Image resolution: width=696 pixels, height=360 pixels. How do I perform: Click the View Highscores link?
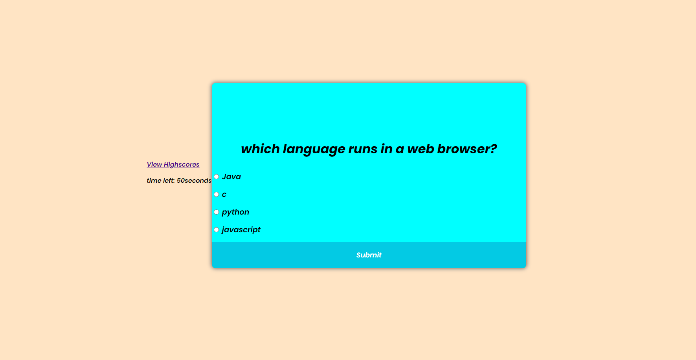(173, 164)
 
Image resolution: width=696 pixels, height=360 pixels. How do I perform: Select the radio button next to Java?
(216, 177)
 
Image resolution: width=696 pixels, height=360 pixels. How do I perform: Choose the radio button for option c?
(216, 195)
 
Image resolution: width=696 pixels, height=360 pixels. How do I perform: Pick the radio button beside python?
(216, 212)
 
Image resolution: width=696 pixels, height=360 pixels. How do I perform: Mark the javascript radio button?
(216, 230)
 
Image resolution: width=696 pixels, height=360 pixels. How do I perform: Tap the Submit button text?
(369, 255)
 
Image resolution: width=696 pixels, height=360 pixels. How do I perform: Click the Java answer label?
(231, 177)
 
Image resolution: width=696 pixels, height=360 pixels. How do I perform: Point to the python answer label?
(235, 212)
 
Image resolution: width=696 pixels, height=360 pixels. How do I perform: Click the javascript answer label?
(241, 230)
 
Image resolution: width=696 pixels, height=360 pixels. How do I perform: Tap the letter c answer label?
(224, 195)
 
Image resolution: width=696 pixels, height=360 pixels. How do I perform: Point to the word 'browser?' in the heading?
(467, 149)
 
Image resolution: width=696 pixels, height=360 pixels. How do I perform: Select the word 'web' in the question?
(421, 149)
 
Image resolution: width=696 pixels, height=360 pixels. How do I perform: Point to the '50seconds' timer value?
(194, 180)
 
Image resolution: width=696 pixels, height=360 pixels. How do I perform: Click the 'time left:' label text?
(160, 180)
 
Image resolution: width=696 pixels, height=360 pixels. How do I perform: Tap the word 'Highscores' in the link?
(182, 164)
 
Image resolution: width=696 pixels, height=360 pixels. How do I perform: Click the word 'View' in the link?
(154, 164)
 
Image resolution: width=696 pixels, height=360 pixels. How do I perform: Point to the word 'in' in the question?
(386, 149)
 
